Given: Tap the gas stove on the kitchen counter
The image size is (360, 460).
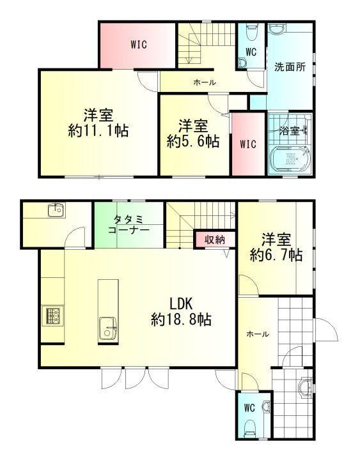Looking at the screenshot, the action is click(53, 316).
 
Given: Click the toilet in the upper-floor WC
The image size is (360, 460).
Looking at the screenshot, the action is click(252, 33).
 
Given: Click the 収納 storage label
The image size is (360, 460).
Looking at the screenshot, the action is click(215, 240).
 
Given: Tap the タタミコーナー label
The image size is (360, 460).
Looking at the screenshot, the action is click(129, 224).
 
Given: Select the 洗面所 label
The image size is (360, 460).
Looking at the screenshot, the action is click(290, 67).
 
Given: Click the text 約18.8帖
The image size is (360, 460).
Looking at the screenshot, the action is click(181, 319).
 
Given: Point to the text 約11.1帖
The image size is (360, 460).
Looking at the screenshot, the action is click(98, 130).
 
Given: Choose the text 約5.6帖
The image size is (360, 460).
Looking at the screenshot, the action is click(194, 141).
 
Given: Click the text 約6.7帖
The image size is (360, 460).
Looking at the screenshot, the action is click(276, 255).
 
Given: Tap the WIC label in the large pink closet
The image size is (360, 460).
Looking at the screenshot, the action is click(139, 45).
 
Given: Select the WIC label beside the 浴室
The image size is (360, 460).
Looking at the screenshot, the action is click(248, 144).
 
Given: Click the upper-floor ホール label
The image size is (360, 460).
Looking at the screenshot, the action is click(205, 82).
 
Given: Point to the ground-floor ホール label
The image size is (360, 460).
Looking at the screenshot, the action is click(258, 333).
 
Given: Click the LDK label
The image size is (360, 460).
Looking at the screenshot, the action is click(181, 304).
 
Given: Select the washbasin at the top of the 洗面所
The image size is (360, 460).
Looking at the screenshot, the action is click(276, 29).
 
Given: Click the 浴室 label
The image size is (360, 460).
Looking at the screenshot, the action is click(289, 130).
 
